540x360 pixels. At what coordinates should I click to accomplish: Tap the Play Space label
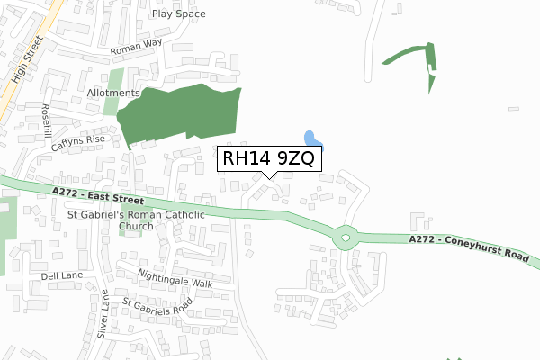point(178,14)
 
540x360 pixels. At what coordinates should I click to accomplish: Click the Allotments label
point(113,93)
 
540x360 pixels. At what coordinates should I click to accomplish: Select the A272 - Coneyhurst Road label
point(467,247)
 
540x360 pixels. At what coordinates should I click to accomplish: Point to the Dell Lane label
point(61,276)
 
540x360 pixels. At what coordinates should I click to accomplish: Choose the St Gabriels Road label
point(157,311)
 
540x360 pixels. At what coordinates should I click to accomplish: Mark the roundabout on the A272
point(346,239)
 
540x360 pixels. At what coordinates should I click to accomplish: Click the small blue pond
point(312,139)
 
